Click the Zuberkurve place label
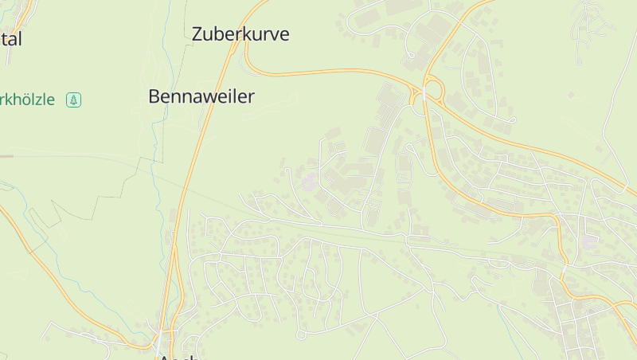pos(240,34)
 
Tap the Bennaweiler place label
pos(201,97)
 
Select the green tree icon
pos(74,100)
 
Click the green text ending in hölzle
pos(28,100)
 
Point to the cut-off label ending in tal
pos(11,39)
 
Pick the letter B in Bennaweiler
pos(154,97)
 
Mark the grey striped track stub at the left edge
pos(6,156)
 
